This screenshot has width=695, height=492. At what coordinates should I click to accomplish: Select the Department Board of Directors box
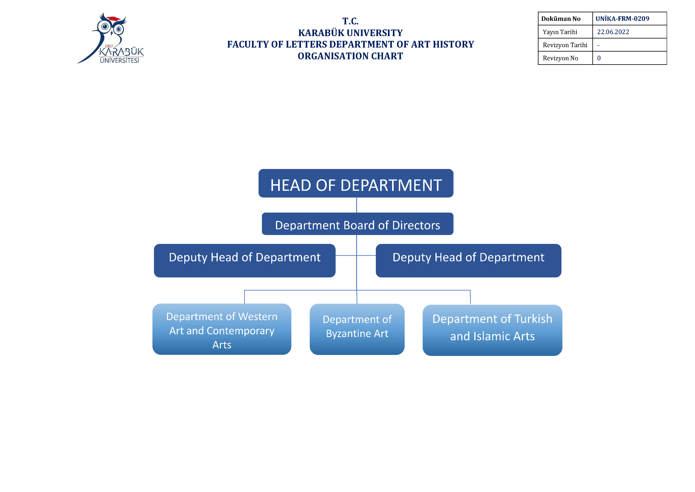(357, 224)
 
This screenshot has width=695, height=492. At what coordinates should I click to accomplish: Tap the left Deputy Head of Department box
(245, 261)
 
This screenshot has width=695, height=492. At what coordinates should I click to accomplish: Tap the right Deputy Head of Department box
(469, 261)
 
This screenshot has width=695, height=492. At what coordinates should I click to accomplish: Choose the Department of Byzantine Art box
(357, 329)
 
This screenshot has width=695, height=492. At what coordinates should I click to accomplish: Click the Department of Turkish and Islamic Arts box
(493, 330)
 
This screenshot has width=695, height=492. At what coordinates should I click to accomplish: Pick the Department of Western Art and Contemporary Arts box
(222, 329)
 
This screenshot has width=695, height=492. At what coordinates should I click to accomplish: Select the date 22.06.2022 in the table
(613, 32)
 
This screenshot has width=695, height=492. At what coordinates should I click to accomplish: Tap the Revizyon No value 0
(599, 58)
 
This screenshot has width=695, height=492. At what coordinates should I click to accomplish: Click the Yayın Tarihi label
(560, 32)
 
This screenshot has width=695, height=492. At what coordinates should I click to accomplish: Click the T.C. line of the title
(350, 21)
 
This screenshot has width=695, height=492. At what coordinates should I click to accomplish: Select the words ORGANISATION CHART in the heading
(350, 56)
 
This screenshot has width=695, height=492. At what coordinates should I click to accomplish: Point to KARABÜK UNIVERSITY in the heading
(350, 33)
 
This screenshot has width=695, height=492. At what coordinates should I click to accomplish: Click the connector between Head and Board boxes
(357, 205)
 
